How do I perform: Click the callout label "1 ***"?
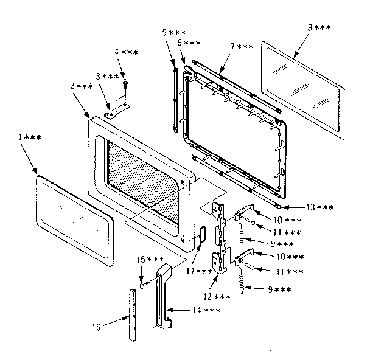29,138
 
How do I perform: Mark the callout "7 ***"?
242,46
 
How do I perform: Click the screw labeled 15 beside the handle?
142,284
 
